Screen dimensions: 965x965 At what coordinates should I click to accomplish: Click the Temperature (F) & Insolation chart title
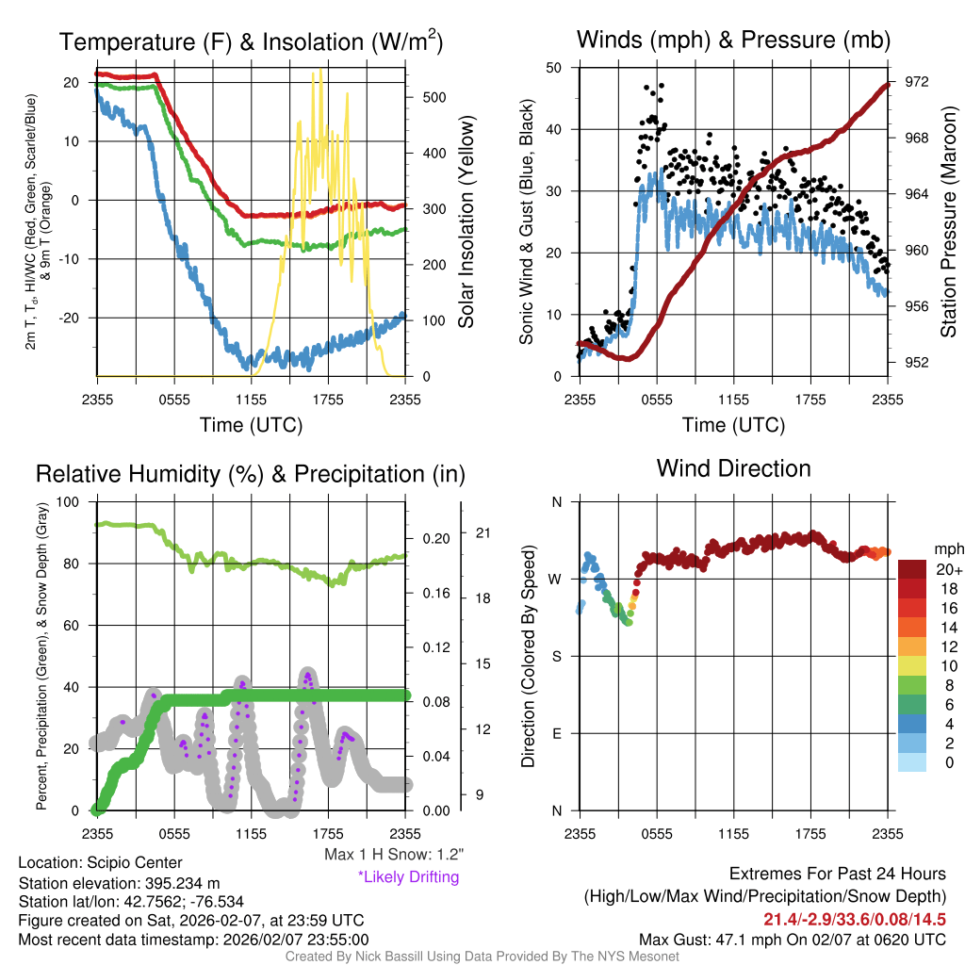pyautogui.click(x=251, y=41)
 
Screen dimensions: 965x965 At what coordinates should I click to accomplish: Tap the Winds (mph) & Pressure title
pyautogui.click(x=733, y=40)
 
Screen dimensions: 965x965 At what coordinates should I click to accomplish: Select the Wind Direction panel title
pyautogui.click(x=733, y=468)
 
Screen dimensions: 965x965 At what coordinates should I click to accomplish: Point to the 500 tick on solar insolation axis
pyautogui.click(x=434, y=97)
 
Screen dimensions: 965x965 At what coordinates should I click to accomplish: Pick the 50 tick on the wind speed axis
pyautogui.click(x=554, y=68)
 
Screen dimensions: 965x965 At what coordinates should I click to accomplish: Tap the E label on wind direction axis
pyautogui.click(x=556, y=733)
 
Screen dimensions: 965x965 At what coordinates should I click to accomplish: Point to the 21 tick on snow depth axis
pyautogui.click(x=484, y=533)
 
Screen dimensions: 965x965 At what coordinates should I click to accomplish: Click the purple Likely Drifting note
pyautogui.click(x=408, y=877)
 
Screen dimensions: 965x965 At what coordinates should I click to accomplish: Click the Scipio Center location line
pyautogui.click(x=101, y=863)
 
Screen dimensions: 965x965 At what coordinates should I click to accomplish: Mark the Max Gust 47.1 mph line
pyautogui.click(x=793, y=939)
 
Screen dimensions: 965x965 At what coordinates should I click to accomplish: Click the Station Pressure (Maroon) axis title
pyautogui.click(x=949, y=221)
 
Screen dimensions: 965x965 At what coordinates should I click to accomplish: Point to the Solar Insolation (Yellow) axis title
pyautogui.click(x=466, y=221)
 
